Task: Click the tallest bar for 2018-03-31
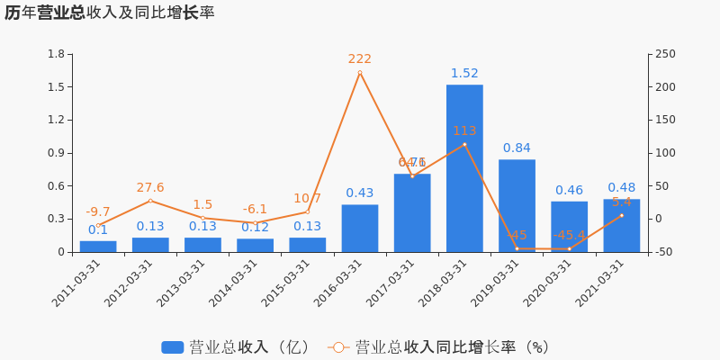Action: (x=464, y=168)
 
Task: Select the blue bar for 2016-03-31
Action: (x=360, y=229)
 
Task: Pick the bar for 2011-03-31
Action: (x=98, y=247)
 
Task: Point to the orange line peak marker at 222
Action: (x=360, y=73)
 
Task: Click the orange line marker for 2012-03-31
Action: (x=150, y=201)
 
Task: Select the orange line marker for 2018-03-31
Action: (x=464, y=144)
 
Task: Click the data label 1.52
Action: (x=464, y=74)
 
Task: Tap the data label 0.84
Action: (x=517, y=148)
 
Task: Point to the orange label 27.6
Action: (x=150, y=188)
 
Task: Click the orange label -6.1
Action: (x=255, y=210)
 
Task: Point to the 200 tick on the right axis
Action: (x=665, y=87)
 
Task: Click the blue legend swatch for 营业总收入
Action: (x=172, y=347)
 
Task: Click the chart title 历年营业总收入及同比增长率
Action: (x=109, y=13)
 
